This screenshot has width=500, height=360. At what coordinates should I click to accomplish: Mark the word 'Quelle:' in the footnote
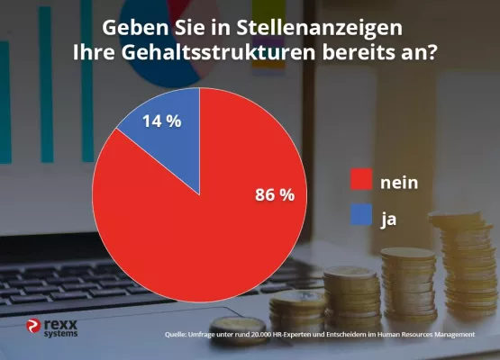[x=177, y=335]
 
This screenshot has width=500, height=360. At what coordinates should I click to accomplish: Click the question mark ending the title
[x=432, y=51]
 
